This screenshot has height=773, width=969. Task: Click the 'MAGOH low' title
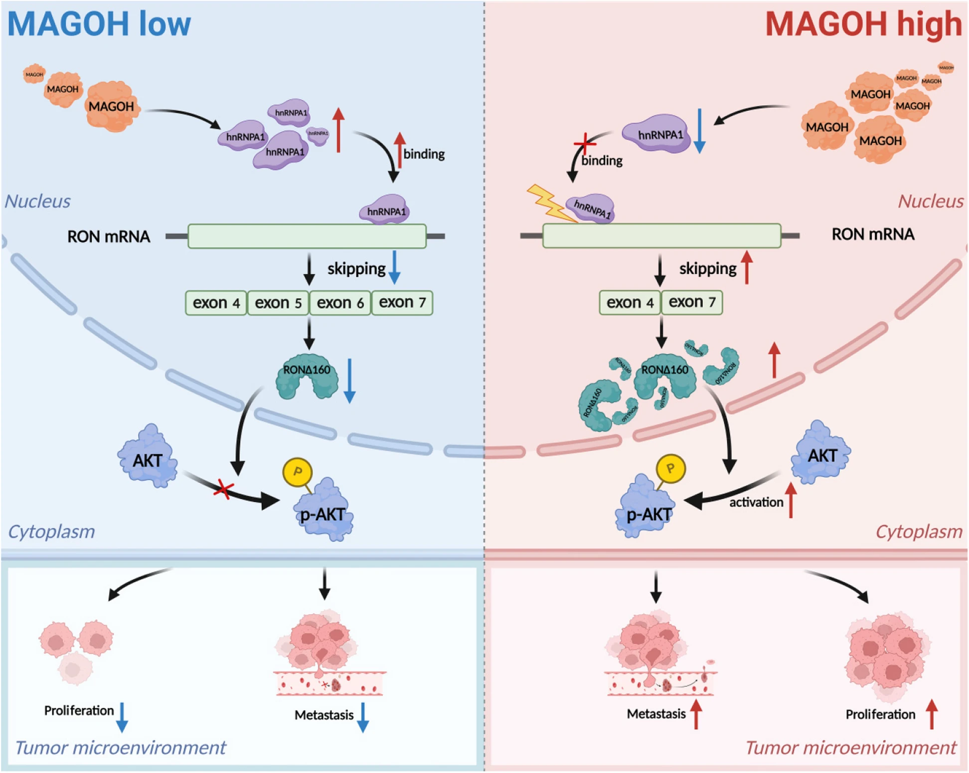point(99,24)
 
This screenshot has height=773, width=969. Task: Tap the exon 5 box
point(278,303)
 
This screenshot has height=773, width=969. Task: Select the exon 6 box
point(340,303)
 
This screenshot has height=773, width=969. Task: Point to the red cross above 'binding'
point(585,145)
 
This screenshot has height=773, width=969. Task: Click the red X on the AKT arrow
point(223,489)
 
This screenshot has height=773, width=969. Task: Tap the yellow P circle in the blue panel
point(298,472)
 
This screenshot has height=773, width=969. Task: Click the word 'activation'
point(756,502)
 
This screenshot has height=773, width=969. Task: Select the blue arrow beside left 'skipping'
point(394,268)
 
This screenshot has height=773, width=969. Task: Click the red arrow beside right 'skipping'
point(746,268)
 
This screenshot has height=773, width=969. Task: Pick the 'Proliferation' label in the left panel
point(79,711)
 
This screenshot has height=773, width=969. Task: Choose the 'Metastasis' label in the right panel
point(656,714)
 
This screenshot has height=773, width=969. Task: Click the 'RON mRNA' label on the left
point(109,236)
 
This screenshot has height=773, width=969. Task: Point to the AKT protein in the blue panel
point(148,457)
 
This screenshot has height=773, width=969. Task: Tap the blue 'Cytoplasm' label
point(51,532)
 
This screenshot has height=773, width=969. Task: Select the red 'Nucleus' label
point(930,201)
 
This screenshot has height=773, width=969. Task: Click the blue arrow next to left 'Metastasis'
point(363,717)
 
